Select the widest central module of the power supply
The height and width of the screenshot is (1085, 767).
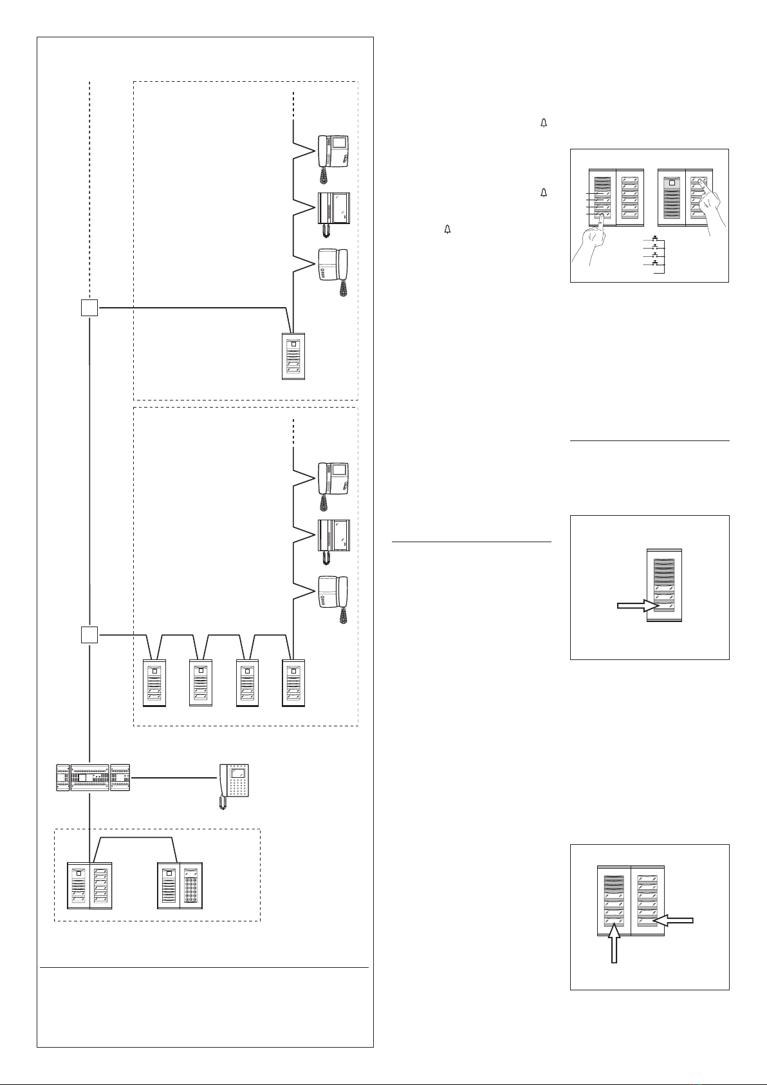point(89,778)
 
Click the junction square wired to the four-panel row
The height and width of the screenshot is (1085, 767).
point(89,635)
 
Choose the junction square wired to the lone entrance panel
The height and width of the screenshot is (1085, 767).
point(89,308)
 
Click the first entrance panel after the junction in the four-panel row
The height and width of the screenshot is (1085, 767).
point(154,683)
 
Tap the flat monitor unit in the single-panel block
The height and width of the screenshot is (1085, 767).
point(333,209)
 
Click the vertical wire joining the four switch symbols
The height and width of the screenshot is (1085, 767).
point(663,257)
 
